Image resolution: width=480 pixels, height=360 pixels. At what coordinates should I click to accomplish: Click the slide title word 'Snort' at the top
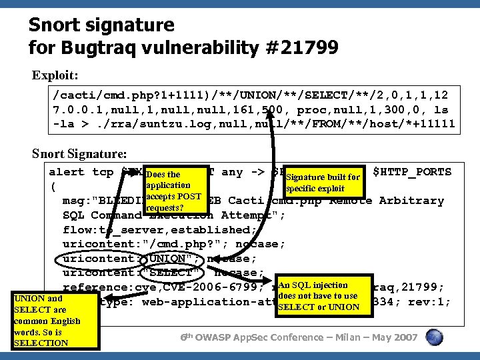(56, 26)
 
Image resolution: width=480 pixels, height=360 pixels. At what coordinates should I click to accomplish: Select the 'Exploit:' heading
(55, 75)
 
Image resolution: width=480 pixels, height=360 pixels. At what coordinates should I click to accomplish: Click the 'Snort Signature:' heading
(78, 153)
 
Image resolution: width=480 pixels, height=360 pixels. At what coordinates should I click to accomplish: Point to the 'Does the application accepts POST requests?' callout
(173, 194)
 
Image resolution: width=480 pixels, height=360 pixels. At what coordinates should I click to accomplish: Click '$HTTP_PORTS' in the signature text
(412, 172)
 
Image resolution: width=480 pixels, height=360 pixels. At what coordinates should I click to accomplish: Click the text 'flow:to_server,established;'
(173, 229)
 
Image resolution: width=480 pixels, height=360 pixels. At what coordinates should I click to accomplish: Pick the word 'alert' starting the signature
(67, 172)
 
